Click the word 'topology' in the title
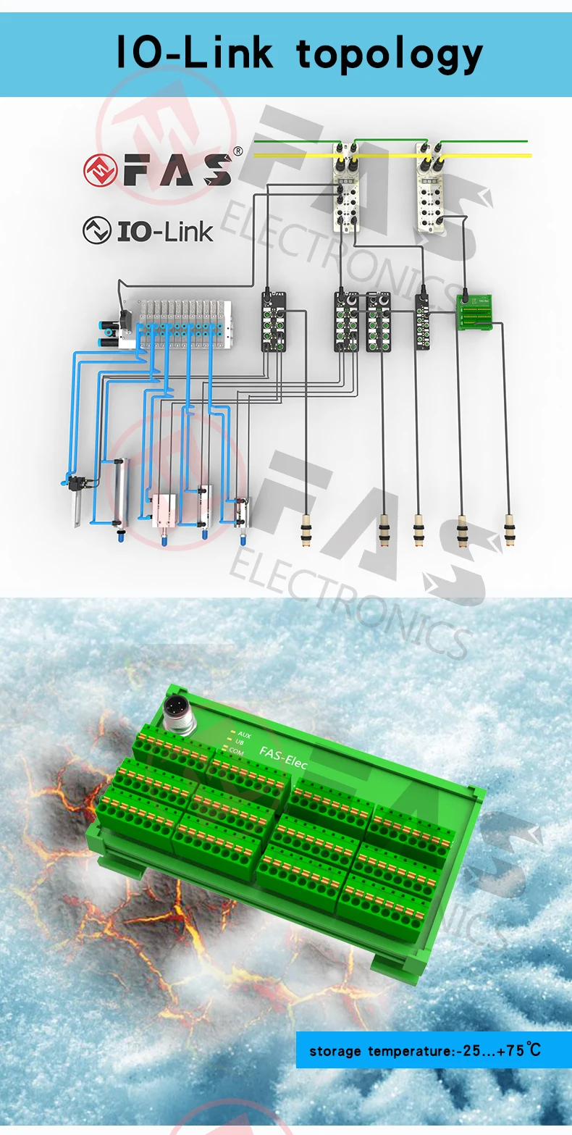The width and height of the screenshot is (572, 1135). (x=389, y=54)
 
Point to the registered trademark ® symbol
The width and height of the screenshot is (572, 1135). (x=237, y=151)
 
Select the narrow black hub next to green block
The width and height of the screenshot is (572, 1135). (x=422, y=322)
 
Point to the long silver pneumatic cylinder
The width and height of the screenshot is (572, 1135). (x=118, y=491)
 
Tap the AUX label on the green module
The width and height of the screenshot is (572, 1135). (x=244, y=734)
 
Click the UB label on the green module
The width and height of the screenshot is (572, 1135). (x=240, y=743)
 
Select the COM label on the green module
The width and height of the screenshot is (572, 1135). (x=236, y=752)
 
